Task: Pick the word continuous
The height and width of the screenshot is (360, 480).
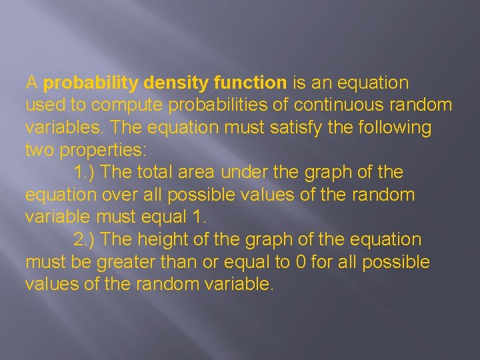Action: click(341, 105)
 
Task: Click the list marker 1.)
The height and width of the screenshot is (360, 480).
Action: click(85, 173)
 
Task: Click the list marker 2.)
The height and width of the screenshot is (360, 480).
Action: click(85, 239)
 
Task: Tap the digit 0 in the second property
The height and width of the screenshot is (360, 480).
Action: click(301, 262)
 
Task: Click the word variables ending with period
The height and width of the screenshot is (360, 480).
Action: click(64, 127)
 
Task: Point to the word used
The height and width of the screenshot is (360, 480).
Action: click(43, 105)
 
